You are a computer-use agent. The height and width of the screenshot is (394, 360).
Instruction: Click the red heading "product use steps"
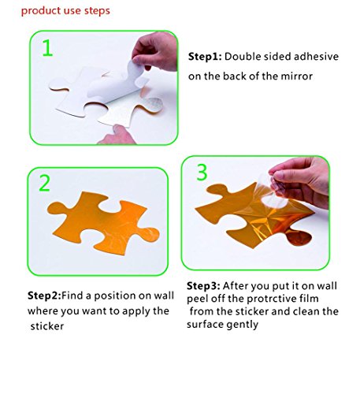[65, 11]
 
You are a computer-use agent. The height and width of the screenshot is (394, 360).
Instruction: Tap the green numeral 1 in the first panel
[47, 47]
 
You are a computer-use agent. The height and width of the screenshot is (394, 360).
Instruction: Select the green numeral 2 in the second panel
[44, 183]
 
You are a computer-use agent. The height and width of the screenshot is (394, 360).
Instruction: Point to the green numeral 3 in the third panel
[202, 172]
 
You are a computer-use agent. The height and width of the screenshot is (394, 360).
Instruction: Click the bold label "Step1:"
[205, 57]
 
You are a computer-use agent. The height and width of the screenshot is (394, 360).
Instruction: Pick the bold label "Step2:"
[44, 295]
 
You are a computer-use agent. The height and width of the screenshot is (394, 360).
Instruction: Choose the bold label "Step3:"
[203, 286]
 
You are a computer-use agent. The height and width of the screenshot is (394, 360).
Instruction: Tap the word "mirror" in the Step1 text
[297, 76]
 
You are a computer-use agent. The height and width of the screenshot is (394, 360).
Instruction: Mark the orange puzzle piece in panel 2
[103, 223]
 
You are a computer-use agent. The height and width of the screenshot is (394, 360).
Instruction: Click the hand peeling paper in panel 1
[155, 51]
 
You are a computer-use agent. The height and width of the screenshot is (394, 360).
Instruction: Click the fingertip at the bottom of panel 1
[117, 135]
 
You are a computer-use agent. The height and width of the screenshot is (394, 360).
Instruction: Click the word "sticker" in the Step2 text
[47, 326]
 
